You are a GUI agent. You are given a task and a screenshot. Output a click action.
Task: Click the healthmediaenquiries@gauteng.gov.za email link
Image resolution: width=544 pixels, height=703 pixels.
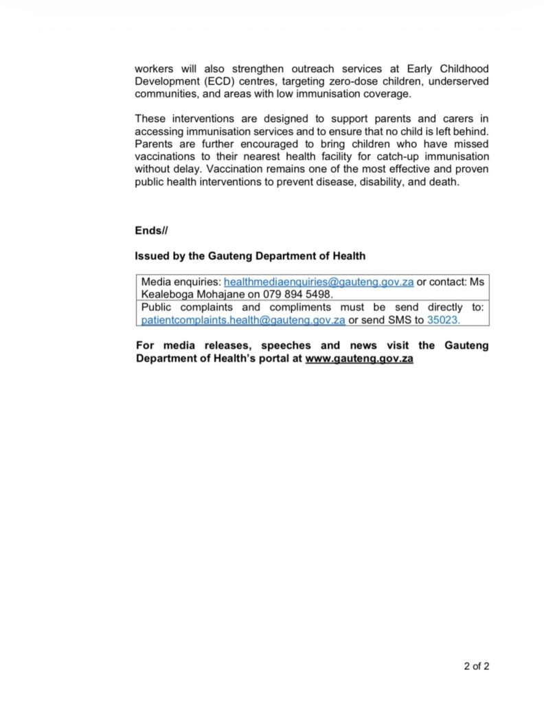[x=319, y=282]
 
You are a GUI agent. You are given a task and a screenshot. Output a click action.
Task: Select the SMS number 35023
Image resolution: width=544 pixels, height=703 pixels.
[x=443, y=320]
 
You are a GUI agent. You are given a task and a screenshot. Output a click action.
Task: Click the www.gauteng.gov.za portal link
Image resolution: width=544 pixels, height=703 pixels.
[x=359, y=358]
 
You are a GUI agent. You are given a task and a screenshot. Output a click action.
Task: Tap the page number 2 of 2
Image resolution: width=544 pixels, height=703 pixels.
[x=477, y=665]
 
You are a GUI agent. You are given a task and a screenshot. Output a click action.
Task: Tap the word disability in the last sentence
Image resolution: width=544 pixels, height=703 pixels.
[x=382, y=182]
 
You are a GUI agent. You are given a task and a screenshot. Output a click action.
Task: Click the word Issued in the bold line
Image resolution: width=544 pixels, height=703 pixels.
[x=150, y=256]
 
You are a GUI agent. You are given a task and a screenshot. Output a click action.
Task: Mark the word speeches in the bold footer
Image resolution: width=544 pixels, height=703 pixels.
[x=286, y=345]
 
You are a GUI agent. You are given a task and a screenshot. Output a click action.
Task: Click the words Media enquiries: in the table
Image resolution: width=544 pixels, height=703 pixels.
[x=181, y=282]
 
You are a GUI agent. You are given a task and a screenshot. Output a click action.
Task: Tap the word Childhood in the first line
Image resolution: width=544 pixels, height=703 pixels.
[x=464, y=69]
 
